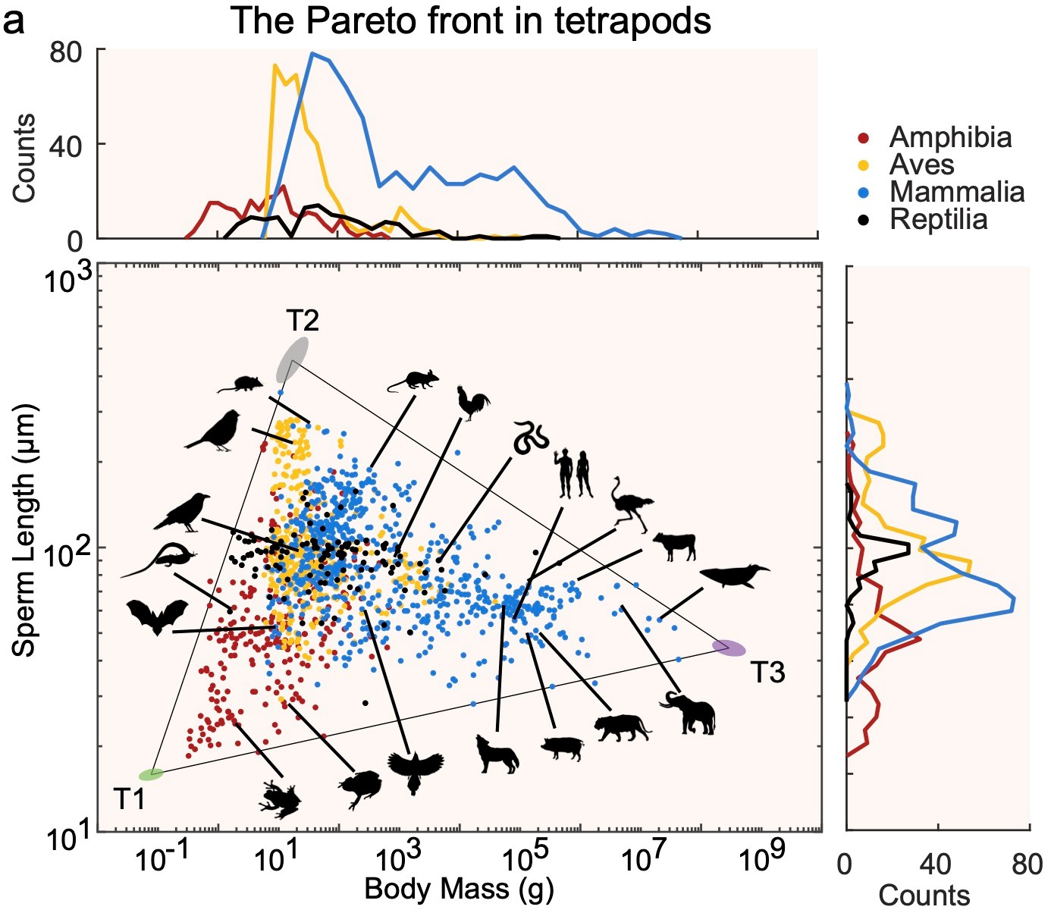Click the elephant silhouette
coord(689,713)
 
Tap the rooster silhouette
coord(472,403)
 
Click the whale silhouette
coord(733,576)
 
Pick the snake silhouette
coord(531,438)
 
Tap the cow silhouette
coord(674,545)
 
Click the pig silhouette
coord(563,748)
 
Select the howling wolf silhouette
coord(497,753)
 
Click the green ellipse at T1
coord(151,774)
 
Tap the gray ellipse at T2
coord(292,359)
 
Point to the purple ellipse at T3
coord(729,648)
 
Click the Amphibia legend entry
coord(950,138)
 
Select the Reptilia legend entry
coord(938,220)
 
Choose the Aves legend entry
coord(921,165)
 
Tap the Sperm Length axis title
coord(24,530)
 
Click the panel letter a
coord(14,21)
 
